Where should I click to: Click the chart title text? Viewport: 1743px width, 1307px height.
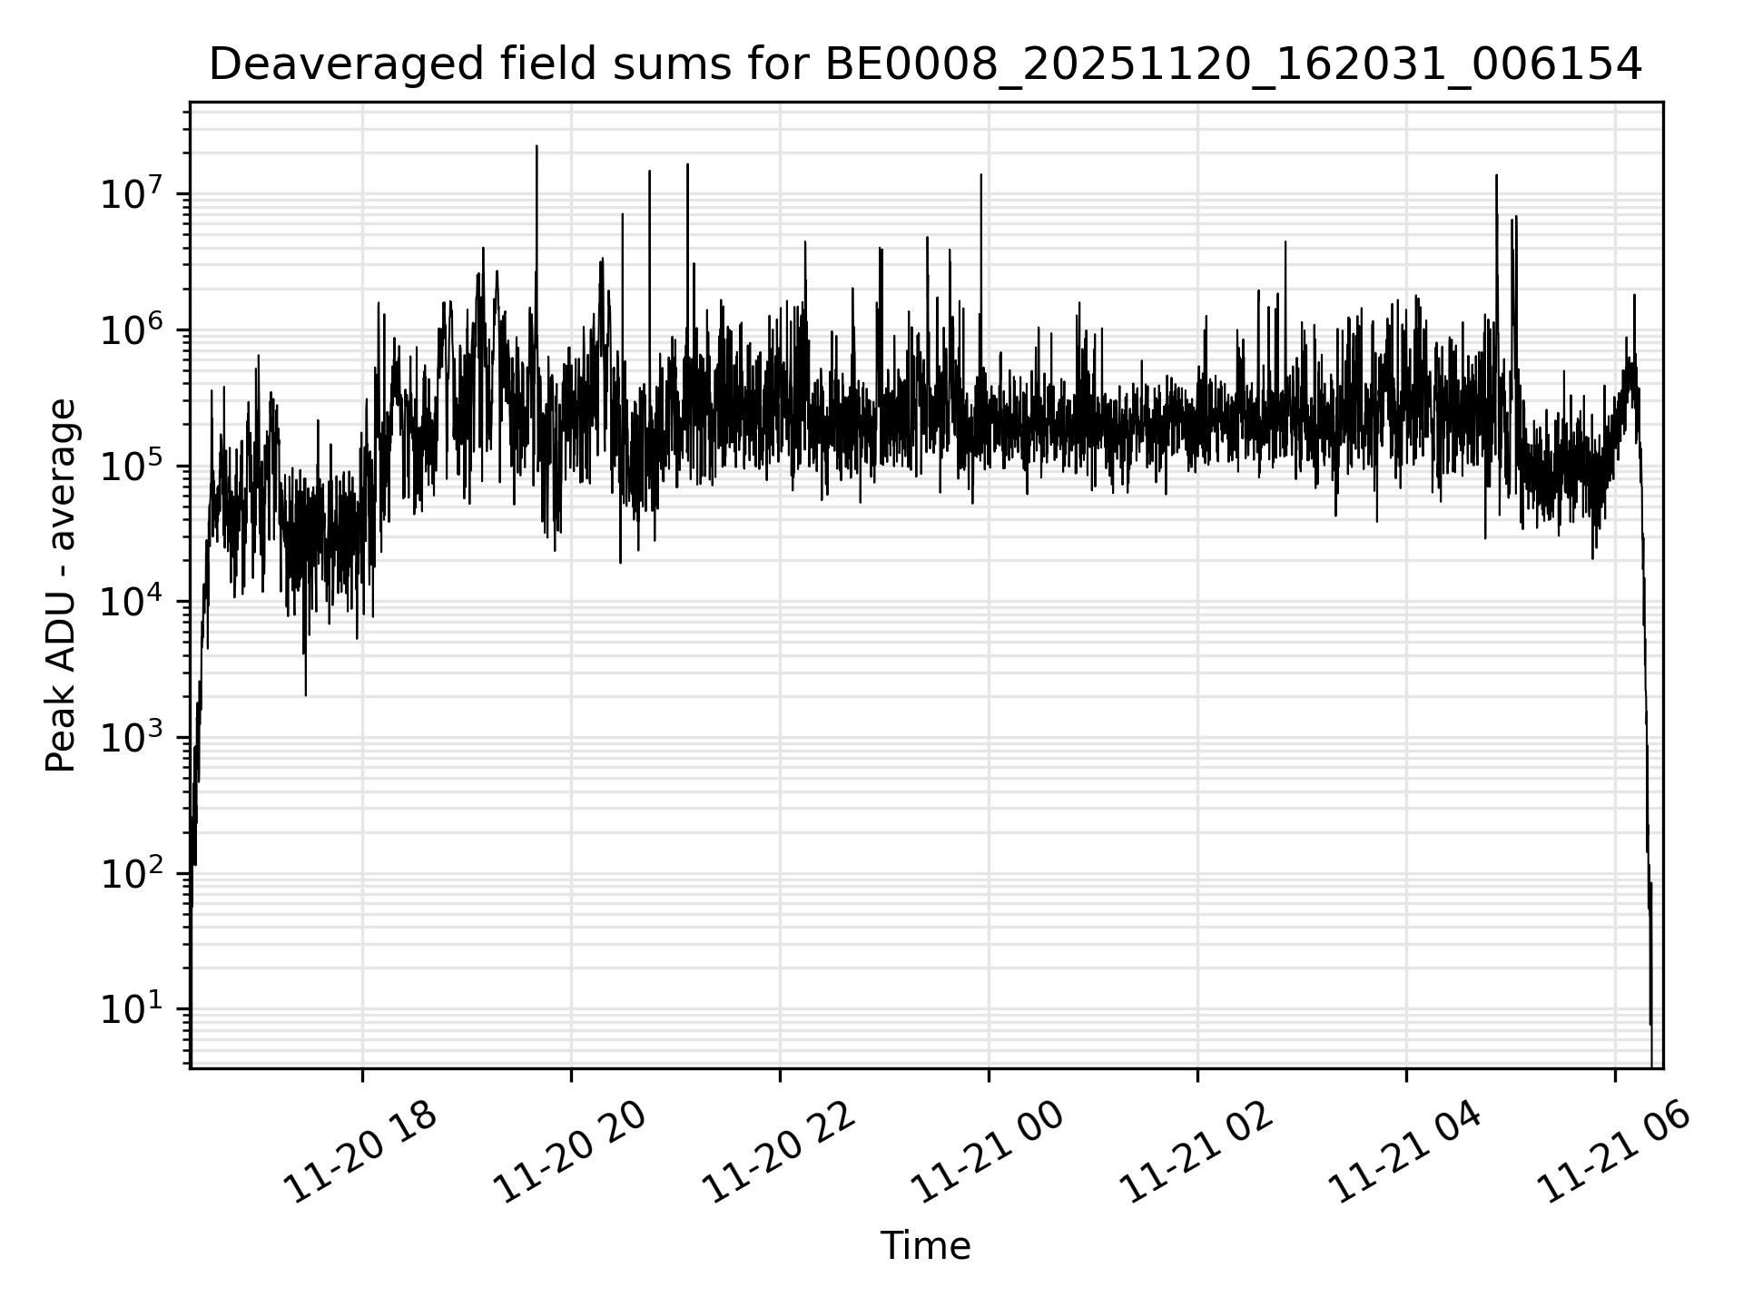[x=925, y=64]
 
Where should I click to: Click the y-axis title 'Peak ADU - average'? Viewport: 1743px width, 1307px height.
[x=61, y=585]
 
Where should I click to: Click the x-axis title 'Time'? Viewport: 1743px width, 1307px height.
[x=925, y=1246]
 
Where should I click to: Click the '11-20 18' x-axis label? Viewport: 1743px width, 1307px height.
[x=360, y=1153]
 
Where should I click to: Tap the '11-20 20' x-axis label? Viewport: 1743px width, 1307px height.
[x=569, y=1153]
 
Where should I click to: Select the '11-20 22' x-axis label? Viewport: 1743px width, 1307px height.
[x=778, y=1153]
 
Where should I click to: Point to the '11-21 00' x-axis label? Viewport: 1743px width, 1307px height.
[x=987, y=1153]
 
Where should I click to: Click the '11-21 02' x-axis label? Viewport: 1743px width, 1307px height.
[x=1196, y=1153]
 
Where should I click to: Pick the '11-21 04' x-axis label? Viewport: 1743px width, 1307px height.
[x=1404, y=1153]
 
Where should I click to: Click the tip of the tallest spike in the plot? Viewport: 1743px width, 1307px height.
[x=537, y=146]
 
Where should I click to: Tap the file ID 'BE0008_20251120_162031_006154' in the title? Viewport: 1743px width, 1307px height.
[x=1233, y=64]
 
